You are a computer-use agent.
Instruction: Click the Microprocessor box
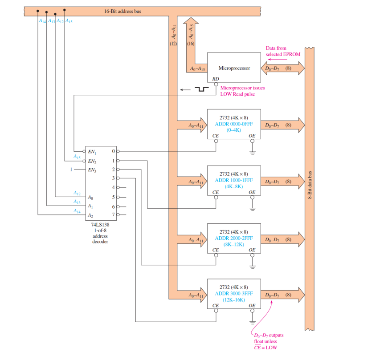[234, 68]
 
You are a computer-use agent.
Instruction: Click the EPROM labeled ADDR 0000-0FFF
[234, 124]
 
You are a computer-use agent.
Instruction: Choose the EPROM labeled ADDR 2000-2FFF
[234, 238]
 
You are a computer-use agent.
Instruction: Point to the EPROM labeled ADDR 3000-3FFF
[234, 294]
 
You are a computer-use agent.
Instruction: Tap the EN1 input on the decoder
[92, 152]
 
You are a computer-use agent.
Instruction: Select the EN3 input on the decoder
[92, 170]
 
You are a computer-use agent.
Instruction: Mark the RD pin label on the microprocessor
[216, 78]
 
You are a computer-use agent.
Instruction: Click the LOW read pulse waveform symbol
[203, 89]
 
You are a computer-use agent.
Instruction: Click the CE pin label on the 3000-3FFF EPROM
[216, 306]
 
